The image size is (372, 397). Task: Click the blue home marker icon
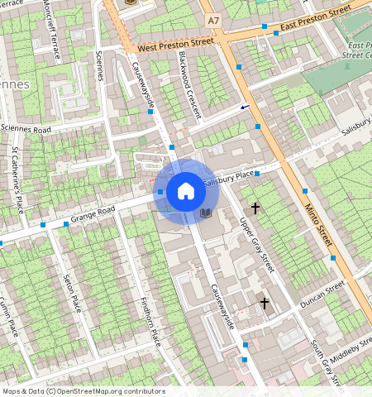pyautogui.click(x=186, y=192)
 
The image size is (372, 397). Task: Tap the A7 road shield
pyautogui.click(x=214, y=19)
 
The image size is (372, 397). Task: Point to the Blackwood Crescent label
pyautogui.click(x=189, y=85)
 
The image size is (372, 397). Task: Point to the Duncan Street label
pyautogui.click(x=322, y=294)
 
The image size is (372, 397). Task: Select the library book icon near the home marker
pyautogui.click(x=206, y=213)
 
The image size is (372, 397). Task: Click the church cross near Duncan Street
pyautogui.click(x=265, y=304)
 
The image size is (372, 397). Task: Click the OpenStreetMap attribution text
pyautogui.click(x=83, y=391)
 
